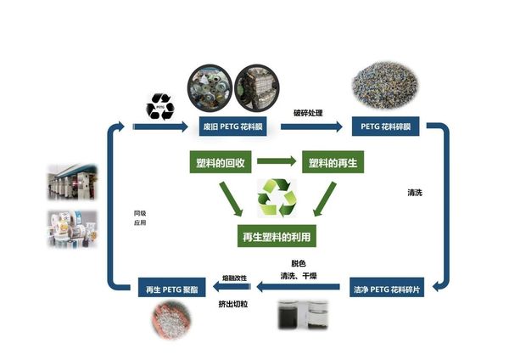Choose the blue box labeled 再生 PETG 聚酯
point(169,290)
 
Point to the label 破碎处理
point(310,112)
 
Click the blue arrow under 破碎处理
point(310,127)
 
